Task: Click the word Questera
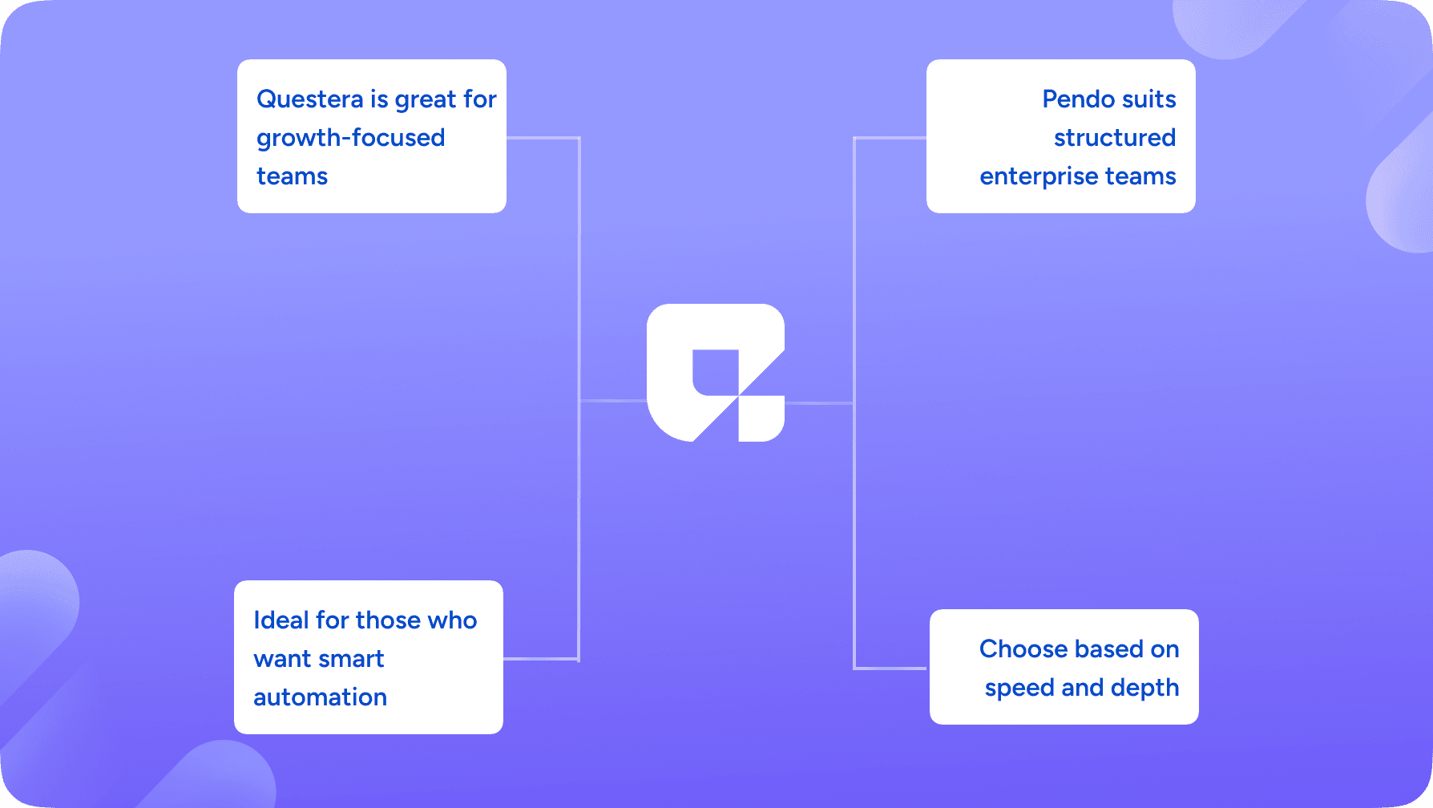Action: pos(309,99)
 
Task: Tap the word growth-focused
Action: pos(350,139)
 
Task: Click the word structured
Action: pos(1114,138)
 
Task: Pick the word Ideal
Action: pos(281,620)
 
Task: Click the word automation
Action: pos(320,697)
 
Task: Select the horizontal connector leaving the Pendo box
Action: pos(890,138)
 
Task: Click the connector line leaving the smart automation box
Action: pos(540,659)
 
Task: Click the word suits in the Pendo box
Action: pos(1148,99)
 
